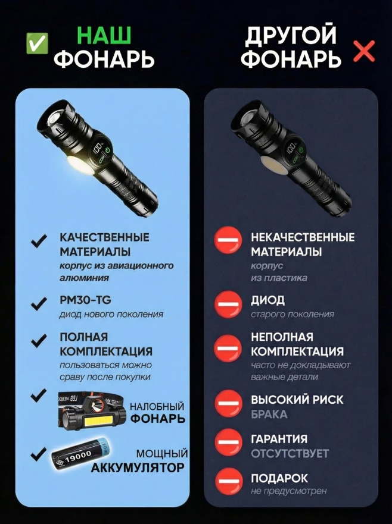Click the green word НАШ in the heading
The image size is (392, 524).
coord(104,35)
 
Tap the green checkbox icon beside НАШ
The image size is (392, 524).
coord(37,43)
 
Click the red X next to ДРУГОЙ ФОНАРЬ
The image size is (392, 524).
coord(364,52)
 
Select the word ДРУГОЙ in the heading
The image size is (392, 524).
coord(290,36)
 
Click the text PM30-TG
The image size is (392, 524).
coord(85,300)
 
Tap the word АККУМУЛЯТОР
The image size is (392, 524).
coord(138,467)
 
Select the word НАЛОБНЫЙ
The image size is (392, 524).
coord(157,406)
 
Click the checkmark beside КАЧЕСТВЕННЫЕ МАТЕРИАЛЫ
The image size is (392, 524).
coord(39,241)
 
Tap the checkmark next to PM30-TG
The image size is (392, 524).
coord(39,303)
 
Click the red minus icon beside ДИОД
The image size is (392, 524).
coord(228,305)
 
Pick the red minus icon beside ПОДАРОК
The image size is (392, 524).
coord(228,481)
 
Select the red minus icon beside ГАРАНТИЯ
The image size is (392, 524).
coord(228,442)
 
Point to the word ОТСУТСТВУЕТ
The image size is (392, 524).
coord(290,453)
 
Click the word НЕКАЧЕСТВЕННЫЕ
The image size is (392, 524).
coord(303,237)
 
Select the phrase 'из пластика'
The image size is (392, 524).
coord(279,278)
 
